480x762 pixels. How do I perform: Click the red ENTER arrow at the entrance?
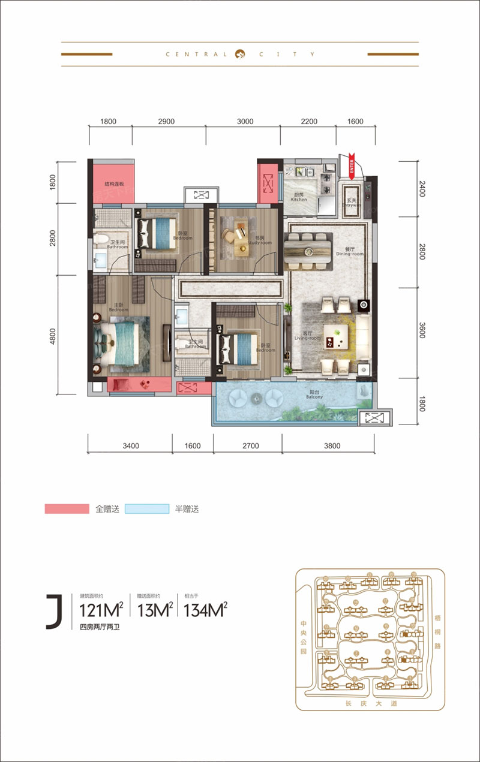[x=352, y=165]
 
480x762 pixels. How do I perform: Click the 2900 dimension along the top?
[x=166, y=122]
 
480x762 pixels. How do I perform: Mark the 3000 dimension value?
[x=245, y=122]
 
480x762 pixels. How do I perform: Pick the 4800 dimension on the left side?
[x=53, y=335]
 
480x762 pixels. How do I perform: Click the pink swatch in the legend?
[x=67, y=509]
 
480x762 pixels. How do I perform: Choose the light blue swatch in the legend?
[x=147, y=509]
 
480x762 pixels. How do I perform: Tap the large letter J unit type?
[x=54, y=612]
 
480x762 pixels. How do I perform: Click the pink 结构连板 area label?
[x=114, y=185]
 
